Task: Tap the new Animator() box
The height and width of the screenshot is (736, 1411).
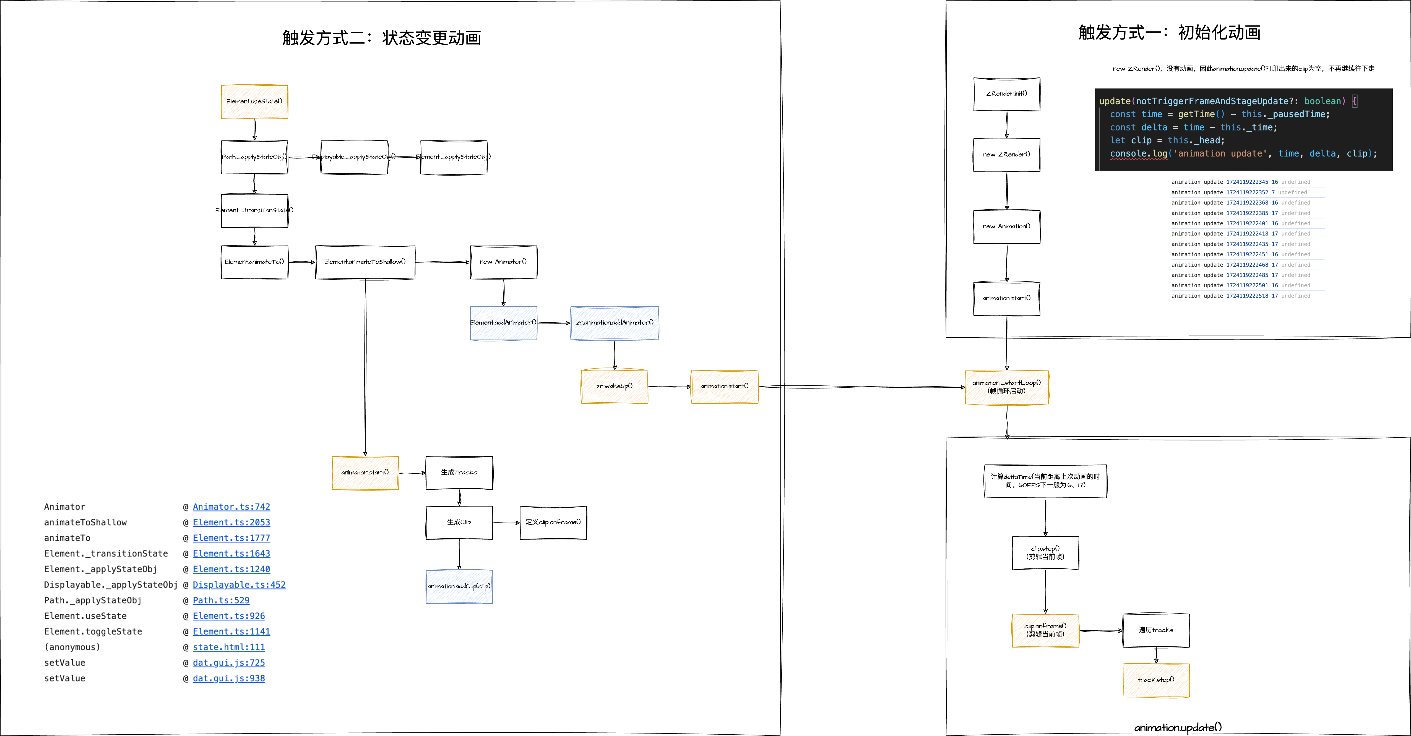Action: (x=503, y=262)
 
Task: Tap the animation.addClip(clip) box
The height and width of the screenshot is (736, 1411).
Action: (x=459, y=586)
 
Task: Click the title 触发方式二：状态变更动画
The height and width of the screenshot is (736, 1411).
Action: (x=382, y=38)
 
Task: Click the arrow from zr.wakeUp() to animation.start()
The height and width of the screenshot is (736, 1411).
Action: (x=669, y=387)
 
